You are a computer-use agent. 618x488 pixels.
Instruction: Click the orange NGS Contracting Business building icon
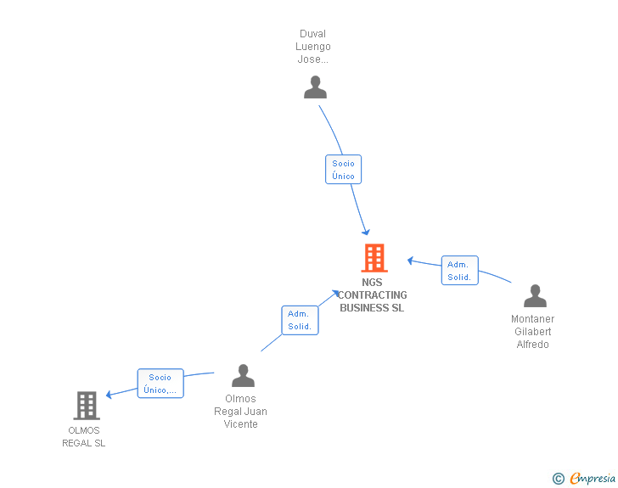point(374,258)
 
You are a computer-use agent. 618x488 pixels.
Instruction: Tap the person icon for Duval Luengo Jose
point(315,87)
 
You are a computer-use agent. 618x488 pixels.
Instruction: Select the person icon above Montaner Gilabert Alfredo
point(535,295)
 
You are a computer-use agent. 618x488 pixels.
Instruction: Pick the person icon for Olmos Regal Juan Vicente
point(243,375)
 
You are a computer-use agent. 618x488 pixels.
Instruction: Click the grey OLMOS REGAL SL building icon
point(86,406)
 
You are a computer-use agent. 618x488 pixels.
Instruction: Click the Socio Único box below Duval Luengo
point(343,170)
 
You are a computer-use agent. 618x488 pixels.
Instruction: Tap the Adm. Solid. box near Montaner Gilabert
point(459,271)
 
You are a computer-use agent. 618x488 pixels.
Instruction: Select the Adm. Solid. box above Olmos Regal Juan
point(299,320)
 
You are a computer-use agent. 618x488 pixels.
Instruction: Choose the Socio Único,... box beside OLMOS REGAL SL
point(160,384)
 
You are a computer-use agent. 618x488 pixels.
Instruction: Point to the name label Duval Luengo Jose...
point(313,47)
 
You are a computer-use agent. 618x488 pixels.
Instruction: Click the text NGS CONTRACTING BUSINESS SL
point(372,295)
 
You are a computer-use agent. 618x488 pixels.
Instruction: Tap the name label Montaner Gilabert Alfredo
point(532,332)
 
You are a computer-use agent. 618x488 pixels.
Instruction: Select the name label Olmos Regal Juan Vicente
point(240,412)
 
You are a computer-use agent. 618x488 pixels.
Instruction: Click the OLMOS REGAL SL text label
point(84,436)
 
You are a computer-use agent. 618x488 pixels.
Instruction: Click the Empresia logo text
point(592,479)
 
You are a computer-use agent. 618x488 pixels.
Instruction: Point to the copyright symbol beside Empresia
point(558,479)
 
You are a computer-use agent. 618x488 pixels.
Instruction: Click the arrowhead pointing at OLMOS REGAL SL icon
point(109,393)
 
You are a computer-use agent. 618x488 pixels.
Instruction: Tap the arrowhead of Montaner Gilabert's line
point(410,260)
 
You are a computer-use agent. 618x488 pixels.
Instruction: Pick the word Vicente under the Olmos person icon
point(240,424)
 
